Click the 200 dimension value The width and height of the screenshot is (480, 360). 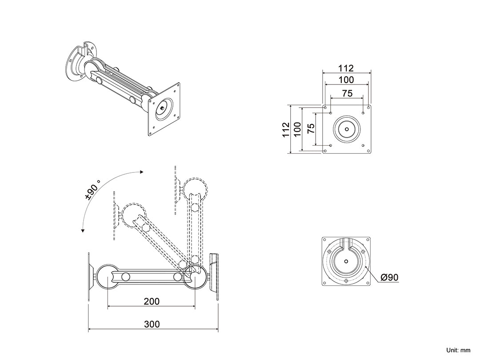(x=152, y=301)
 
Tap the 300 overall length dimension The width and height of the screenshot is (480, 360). (x=152, y=324)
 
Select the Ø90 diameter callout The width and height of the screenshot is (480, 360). (x=390, y=278)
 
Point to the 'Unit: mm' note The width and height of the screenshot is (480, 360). (x=458, y=351)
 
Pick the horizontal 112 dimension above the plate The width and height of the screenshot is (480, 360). (x=346, y=68)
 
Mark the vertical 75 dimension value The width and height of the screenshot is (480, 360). (x=311, y=129)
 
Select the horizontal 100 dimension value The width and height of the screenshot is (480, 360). (x=346, y=80)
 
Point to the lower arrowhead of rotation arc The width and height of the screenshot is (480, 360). (x=83, y=230)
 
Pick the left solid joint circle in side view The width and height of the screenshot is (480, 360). (x=108, y=276)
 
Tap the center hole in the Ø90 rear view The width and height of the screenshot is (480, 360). (x=346, y=261)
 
